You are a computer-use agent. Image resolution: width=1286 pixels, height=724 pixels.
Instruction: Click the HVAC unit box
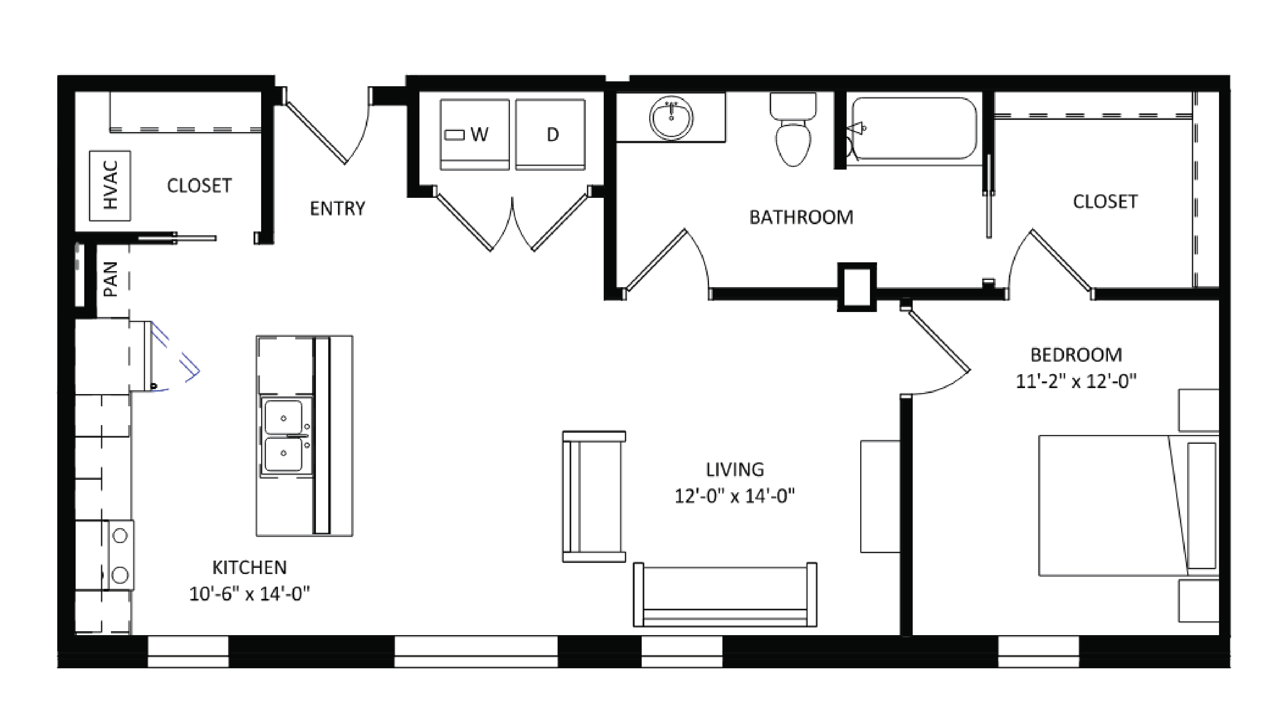(x=110, y=186)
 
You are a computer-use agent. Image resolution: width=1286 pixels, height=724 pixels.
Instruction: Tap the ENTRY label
(x=338, y=208)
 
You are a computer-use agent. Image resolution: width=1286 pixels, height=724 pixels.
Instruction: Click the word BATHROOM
(x=801, y=217)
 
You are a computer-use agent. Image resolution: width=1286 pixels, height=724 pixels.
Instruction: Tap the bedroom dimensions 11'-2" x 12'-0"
(x=1076, y=381)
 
